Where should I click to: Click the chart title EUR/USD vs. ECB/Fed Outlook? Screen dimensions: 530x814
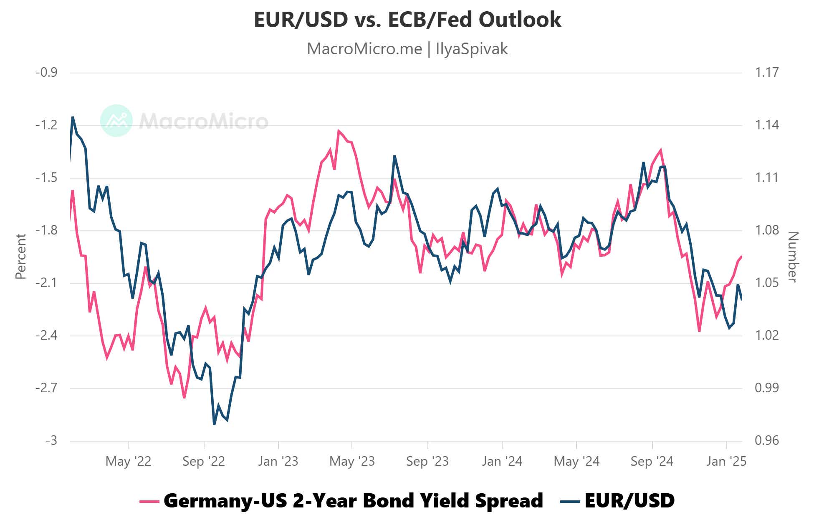(407, 20)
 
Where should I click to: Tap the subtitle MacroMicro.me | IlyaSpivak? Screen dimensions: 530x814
(407, 49)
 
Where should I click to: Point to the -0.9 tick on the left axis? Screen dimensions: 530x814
(46, 73)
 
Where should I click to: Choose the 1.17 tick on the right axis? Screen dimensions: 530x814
(767, 73)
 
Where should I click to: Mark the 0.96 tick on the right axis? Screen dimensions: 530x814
(767, 441)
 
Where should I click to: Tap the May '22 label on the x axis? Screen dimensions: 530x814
(128, 461)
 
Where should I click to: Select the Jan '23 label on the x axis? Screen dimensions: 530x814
(278, 461)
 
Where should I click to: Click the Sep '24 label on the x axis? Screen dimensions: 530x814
(652, 461)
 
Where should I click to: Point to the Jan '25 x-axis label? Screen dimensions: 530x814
(726, 461)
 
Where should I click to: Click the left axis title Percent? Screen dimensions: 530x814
(21, 256)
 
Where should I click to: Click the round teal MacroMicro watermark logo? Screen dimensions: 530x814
(116, 121)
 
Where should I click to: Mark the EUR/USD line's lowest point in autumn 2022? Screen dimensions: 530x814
(215, 424)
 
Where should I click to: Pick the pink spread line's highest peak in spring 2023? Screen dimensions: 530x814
(339, 131)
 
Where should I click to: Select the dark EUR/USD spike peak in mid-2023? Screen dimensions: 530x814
(394, 156)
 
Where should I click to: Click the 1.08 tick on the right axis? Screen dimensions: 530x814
(767, 230)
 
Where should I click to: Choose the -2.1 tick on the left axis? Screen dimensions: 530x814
(46, 283)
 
